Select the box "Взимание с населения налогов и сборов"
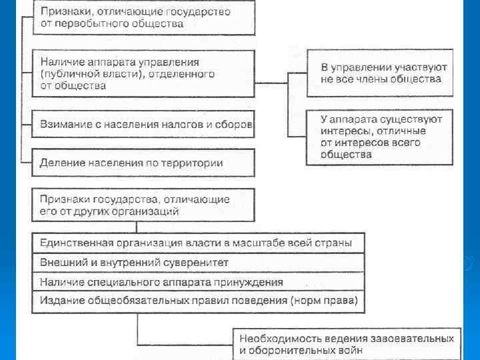click(x=143, y=124)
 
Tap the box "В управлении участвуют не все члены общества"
click(x=380, y=73)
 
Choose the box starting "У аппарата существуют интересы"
click(x=380, y=137)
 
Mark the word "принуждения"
click(x=249, y=282)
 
